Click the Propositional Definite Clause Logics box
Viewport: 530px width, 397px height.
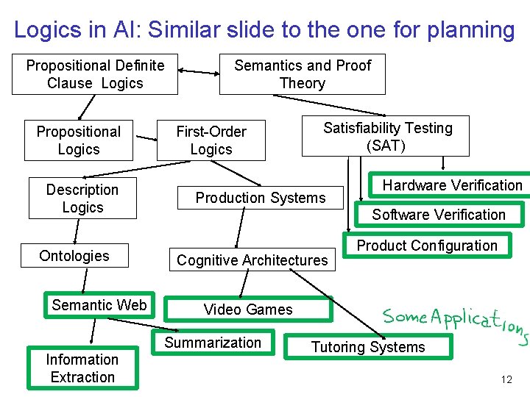click(95, 74)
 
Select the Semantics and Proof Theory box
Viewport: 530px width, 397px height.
click(303, 74)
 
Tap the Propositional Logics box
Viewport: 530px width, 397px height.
click(79, 140)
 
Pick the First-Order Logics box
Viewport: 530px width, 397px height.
click(211, 140)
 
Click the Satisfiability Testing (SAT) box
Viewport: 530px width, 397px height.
click(386, 137)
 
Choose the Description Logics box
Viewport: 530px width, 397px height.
click(82, 198)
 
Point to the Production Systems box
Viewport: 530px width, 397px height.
click(261, 198)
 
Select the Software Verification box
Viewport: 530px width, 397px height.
click(439, 215)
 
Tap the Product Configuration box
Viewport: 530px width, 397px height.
click(427, 246)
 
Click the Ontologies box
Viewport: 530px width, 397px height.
click(74, 256)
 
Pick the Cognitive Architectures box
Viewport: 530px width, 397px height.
click(252, 260)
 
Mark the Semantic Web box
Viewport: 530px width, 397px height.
click(99, 305)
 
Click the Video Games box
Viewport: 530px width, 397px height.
click(248, 310)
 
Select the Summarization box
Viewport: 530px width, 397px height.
click(213, 343)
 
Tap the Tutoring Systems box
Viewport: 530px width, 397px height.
click(368, 347)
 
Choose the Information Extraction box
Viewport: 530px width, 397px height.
click(82, 368)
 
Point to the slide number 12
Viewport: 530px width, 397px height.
click(506, 380)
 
